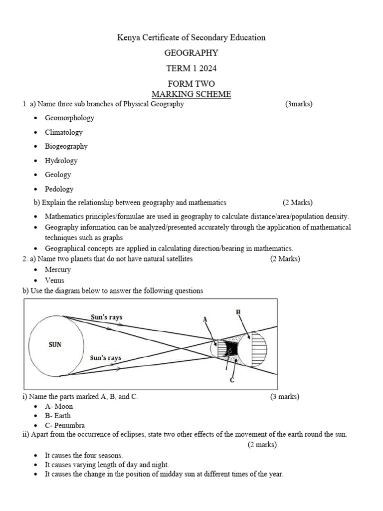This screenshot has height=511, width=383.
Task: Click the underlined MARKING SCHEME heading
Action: pos(191,94)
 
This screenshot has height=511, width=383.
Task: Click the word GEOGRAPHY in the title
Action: pos(191,53)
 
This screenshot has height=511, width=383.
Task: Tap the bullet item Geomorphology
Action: pos(69,118)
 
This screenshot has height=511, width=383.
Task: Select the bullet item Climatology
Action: pos(64,132)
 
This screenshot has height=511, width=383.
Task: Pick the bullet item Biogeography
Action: pos(66,146)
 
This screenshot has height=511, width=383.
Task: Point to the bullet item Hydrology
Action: pos(61,161)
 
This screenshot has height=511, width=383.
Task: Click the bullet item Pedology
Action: pos(59,189)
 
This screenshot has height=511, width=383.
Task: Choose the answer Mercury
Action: pos(58,269)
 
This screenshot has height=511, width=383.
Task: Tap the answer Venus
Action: pos(54,280)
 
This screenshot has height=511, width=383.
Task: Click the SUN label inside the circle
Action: pos(55,344)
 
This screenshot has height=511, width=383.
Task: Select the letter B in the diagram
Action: pos(238,312)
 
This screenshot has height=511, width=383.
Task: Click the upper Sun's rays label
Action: pos(106,317)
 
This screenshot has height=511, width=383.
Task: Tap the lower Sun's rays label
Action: pos(105,358)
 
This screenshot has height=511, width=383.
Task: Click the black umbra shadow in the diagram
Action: pos(231,347)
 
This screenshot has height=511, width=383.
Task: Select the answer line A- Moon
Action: pos(59,406)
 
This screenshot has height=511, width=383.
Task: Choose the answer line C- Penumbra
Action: pos(65,425)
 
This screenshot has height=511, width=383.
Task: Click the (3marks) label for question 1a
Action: pos(299,104)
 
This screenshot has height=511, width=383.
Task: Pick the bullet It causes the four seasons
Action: pos(84,456)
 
